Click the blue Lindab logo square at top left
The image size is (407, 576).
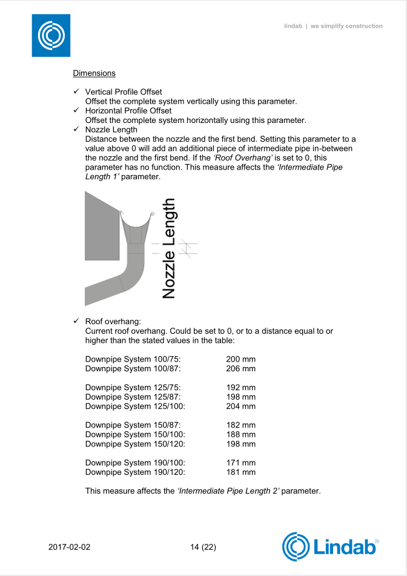click(51, 36)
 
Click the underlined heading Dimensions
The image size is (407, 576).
click(94, 73)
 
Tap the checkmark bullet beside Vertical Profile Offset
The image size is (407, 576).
click(77, 91)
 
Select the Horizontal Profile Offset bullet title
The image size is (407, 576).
click(128, 111)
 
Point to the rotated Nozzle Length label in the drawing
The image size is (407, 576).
click(169, 248)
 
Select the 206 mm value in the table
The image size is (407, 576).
click(240, 368)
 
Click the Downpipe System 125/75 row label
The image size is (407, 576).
click(133, 388)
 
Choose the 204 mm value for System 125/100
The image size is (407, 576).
click(240, 406)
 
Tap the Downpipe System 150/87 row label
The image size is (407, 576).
click(133, 425)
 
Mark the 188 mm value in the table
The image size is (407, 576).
click(240, 434)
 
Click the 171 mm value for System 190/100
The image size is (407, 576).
click(240, 463)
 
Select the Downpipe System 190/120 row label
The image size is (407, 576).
click(135, 472)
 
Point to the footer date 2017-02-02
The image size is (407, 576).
click(69, 547)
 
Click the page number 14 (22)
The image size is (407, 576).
click(203, 547)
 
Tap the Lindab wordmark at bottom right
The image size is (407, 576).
click(345, 547)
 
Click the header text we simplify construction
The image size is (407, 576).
click(346, 26)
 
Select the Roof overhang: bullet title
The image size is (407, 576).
click(113, 322)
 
